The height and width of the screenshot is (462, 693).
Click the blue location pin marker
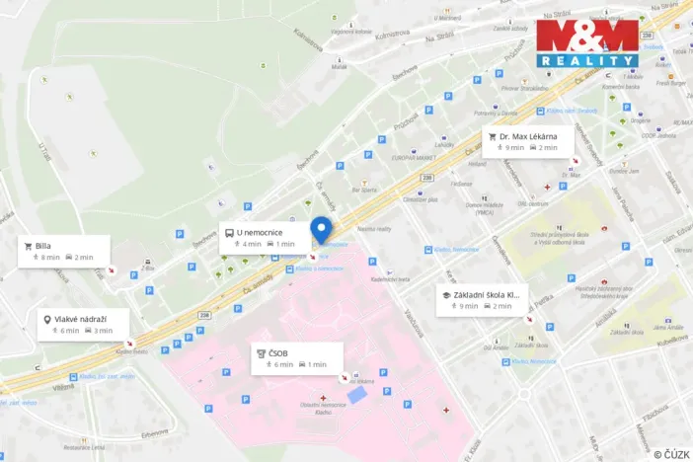[x=322, y=229]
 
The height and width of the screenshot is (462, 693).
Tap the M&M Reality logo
[x=587, y=43]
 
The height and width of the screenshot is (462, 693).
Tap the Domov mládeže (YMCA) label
[x=464, y=209]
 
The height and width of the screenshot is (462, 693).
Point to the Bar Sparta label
[x=365, y=190]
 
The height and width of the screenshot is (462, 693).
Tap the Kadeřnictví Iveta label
[x=390, y=279]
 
